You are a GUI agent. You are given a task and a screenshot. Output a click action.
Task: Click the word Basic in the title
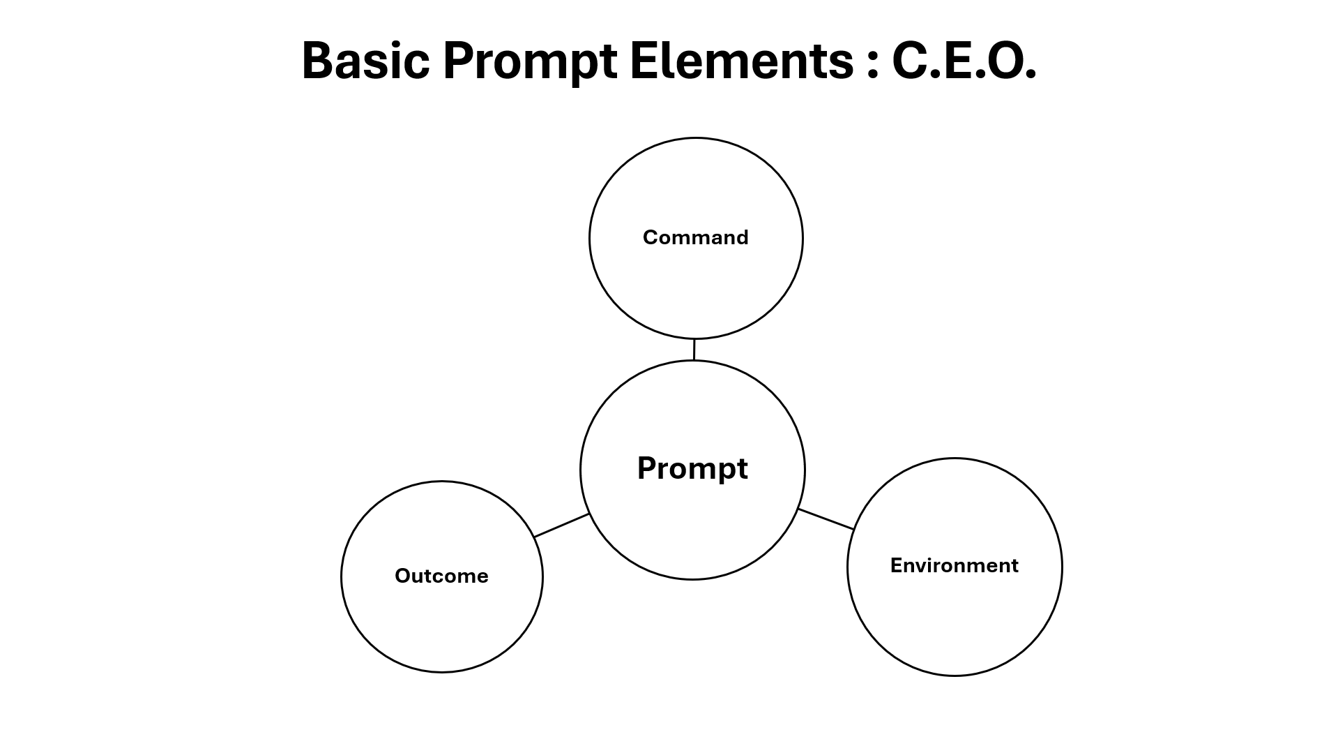click(x=365, y=61)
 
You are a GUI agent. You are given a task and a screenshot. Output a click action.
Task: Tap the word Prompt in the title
click(x=529, y=61)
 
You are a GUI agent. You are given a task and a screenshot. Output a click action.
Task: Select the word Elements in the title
click(x=741, y=61)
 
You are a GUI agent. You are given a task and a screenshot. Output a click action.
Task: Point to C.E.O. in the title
click(x=964, y=61)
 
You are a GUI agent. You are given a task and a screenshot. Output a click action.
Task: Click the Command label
click(x=695, y=237)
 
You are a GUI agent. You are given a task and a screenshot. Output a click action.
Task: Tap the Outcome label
click(x=441, y=576)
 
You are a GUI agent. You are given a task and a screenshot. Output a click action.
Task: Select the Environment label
click(x=954, y=565)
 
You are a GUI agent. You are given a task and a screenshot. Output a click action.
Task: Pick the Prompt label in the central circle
click(x=692, y=468)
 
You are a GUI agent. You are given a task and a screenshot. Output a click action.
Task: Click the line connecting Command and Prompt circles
click(x=694, y=350)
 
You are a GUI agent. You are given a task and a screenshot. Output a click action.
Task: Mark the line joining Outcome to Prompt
click(x=562, y=525)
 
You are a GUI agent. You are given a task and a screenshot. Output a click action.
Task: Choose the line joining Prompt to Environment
click(x=826, y=519)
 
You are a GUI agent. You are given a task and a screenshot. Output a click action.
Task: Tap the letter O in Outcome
click(x=403, y=576)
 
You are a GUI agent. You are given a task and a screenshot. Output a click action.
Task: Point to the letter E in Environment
click(x=896, y=565)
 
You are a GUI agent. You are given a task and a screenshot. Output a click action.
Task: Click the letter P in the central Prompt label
click(x=648, y=468)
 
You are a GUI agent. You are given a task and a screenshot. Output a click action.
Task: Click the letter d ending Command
click(x=742, y=237)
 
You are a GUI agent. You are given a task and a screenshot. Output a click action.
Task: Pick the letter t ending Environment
click(x=1014, y=566)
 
